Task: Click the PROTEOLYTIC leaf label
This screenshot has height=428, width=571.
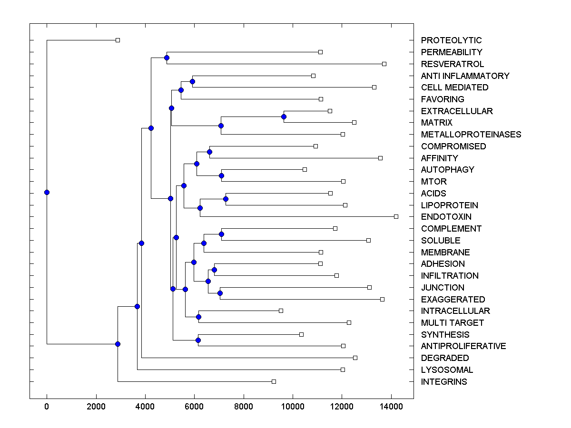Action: point(451,40)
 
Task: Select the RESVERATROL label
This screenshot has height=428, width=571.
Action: point(453,64)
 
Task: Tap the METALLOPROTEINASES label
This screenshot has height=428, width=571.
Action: point(471,135)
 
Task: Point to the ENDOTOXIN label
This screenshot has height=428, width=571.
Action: point(446,217)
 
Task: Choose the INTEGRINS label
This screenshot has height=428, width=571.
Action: point(444,382)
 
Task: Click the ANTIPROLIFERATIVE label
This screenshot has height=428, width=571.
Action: point(463,346)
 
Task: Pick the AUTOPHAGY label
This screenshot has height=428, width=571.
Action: point(448,170)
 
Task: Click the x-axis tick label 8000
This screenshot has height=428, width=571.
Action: point(244,407)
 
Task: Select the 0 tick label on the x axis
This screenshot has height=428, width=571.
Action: point(47,407)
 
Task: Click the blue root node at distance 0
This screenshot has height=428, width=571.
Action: point(47,192)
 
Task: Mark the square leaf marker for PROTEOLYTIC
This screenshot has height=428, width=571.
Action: point(118,40)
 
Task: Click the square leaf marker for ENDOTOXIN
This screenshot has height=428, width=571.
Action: point(396,216)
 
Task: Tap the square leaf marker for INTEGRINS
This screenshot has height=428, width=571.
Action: point(274,381)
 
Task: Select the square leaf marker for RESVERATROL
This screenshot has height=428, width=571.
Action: point(384,64)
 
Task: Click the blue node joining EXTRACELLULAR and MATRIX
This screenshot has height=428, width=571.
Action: point(284,117)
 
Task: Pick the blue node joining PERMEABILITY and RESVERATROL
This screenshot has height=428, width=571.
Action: point(167,58)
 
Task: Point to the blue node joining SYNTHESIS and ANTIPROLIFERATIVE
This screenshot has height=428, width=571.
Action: point(198,340)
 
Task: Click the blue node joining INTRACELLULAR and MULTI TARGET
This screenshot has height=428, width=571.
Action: point(198,317)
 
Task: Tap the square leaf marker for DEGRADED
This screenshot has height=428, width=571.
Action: point(355,358)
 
